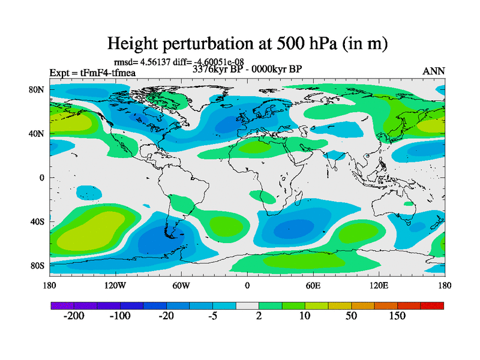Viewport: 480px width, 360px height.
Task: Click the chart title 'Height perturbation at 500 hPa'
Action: pos(247,43)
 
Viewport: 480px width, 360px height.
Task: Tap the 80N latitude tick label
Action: pos(38,89)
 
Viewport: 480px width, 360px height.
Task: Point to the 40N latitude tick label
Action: pos(38,133)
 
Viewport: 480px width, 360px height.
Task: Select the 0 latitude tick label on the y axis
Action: pos(43,178)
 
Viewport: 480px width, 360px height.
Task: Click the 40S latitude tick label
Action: pos(38,221)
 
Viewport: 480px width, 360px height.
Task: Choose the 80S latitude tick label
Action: pos(38,265)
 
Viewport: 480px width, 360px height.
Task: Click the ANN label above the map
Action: pos(434,71)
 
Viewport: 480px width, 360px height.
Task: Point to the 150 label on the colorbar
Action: pos(397,316)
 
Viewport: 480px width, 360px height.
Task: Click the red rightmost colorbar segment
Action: pos(432,305)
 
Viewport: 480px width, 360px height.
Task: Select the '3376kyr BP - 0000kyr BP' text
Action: pos(247,69)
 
